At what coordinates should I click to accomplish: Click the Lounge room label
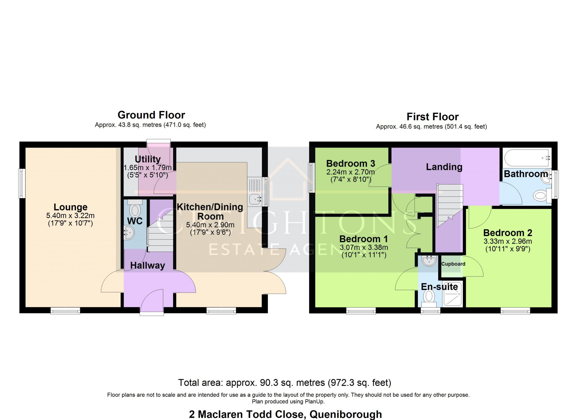point(71,207)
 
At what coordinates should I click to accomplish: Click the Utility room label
point(148,159)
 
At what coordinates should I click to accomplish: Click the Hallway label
point(148,266)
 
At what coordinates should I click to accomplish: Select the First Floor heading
point(433,117)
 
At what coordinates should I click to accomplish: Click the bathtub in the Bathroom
point(528,158)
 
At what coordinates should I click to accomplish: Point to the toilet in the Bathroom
point(542,196)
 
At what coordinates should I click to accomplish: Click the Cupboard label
point(453,264)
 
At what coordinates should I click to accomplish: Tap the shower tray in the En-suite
point(452,294)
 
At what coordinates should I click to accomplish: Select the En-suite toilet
point(429,299)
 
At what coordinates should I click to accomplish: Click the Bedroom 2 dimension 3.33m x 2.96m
point(508,241)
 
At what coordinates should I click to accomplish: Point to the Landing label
point(444,167)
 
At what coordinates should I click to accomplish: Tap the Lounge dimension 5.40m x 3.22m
point(70,216)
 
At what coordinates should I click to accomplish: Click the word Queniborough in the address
point(346,414)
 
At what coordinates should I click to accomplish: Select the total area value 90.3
point(267,383)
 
